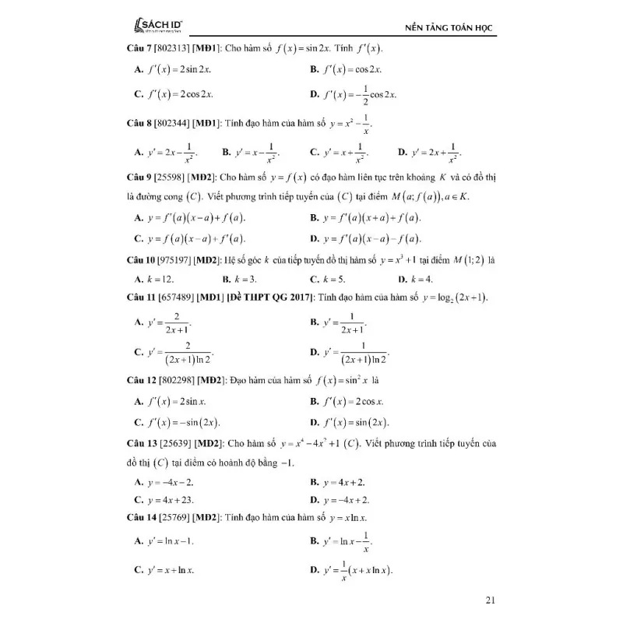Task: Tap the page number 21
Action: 490,600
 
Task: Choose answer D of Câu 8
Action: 429,151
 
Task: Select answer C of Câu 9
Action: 190,238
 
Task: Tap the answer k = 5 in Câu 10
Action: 328,278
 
